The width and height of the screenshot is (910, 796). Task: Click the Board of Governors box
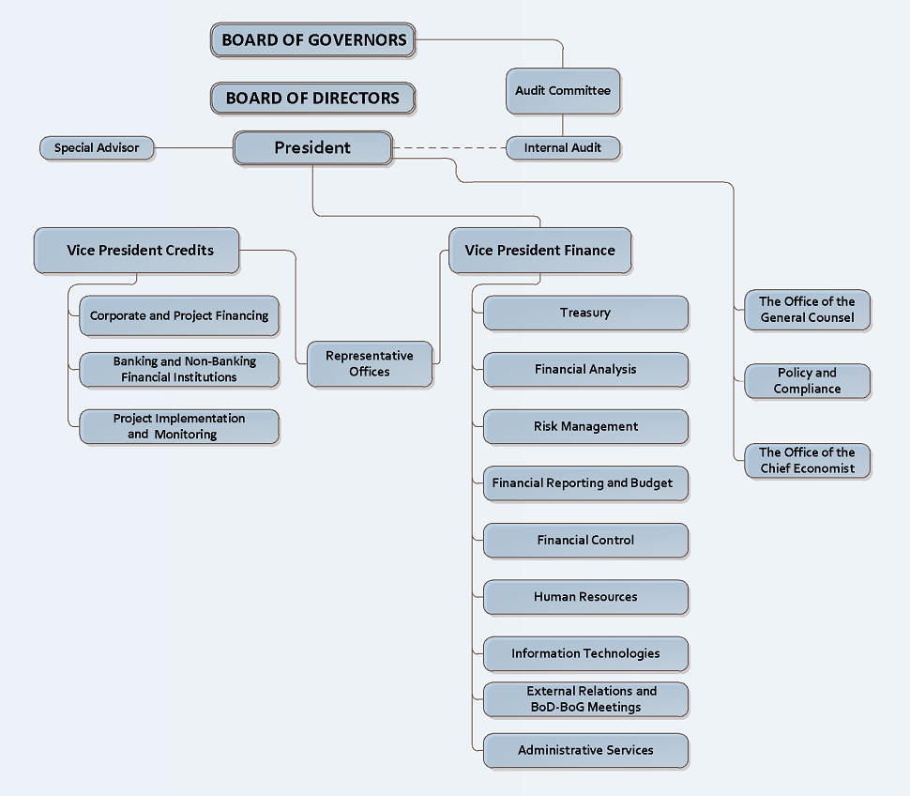click(313, 40)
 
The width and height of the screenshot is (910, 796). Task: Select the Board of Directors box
click(312, 98)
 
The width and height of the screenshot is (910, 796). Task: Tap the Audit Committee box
click(563, 91)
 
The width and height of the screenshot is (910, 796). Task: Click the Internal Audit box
click(563, 147)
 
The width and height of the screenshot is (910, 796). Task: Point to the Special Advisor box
click(97, 147)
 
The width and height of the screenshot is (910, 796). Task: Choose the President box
click(312, 147)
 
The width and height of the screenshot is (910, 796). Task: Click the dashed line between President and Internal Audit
click(448, 147)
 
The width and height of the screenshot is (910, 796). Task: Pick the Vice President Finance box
click(539, 251)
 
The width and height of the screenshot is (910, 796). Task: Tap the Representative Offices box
click(370, 363)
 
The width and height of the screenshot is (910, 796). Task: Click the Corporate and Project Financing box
click(179, 315)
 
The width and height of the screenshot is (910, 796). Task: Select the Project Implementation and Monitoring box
click(179, 426)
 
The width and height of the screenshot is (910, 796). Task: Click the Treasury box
click(585, 313)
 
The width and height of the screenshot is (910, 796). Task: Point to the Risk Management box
click(585, 426)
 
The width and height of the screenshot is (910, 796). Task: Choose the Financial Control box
click(585, 540)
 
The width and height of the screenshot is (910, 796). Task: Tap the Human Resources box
click(585, 596)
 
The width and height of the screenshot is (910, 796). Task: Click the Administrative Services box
click(585, 750)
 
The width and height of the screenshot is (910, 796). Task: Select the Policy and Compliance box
click(807, 380)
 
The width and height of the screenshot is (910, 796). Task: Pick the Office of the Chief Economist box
click(807, 460)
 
